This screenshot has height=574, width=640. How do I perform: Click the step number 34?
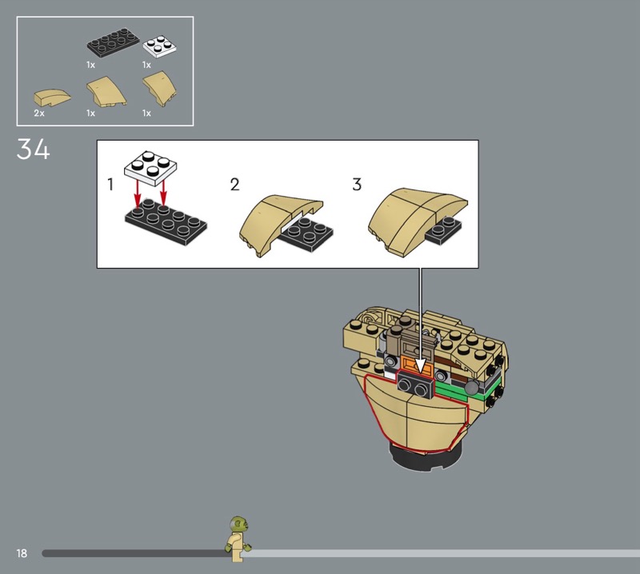coord(33,149)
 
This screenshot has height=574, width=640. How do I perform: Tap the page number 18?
coord(22,553)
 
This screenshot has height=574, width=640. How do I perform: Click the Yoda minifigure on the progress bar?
coord(238,539)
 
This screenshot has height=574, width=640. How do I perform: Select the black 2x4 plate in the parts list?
coord(113,42)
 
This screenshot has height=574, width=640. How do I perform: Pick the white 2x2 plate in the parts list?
coord(160,46)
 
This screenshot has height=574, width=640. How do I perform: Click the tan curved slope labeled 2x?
coord(52,98)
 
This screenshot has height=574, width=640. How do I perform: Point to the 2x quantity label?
coord(39,113)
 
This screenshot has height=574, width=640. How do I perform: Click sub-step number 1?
coord(110,185)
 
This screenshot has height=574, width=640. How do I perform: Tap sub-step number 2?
coord(234,185)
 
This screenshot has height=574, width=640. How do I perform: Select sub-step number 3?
coord(357,185)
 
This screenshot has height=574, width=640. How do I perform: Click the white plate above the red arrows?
coord(150,168)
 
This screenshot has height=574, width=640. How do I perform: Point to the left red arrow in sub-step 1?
coord(138,194)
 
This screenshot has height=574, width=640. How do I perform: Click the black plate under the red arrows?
coord(166,222)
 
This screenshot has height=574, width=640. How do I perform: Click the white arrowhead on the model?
coord(420,366)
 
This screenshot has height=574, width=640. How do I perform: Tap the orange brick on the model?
coord(416,365)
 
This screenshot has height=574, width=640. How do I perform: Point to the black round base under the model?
coord(426,458)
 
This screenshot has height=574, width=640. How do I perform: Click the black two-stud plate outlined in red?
coord(416,385)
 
